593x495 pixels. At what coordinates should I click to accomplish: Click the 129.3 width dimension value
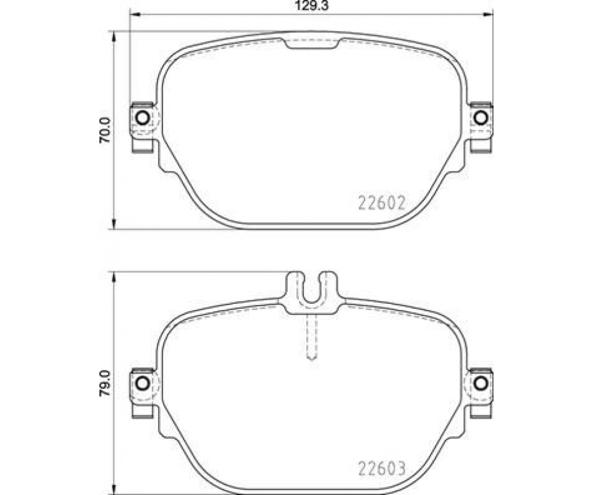[311, 6]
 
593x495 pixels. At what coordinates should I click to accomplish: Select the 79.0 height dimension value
[104, 383]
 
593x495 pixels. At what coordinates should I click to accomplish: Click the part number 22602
[382, 204]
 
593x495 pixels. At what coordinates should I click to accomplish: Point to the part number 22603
[382, 468]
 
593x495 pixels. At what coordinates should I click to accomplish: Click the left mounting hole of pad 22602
[143, 118]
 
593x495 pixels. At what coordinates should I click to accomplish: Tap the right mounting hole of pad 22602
[481, 118]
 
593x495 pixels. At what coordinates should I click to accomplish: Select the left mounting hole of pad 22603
[143, 383]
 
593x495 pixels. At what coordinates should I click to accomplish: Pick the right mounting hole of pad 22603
[481, 383]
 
